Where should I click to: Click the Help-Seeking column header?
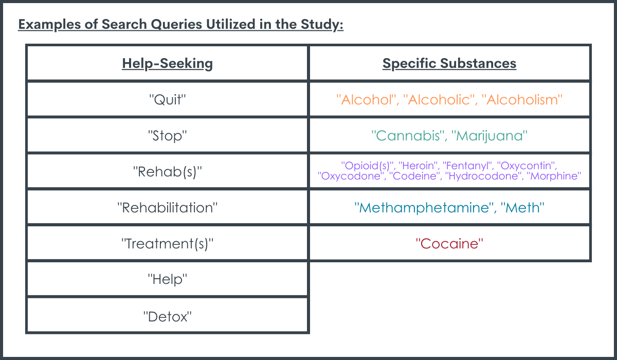tap(167, 64)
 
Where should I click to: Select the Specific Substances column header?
tap(449, 63)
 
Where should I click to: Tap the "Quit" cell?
tap(167, 99)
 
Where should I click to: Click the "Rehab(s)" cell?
tap(167, 172)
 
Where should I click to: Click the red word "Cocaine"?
tap(449, 244)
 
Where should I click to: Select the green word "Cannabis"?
tap(408, 136)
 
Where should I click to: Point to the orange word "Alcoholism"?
tap(522, 100)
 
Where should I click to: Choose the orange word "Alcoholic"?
tap(439, 100)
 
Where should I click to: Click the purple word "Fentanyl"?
tap(467, 166)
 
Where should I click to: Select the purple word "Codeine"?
tap(414, 176)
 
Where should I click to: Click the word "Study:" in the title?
tap(322, 24)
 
